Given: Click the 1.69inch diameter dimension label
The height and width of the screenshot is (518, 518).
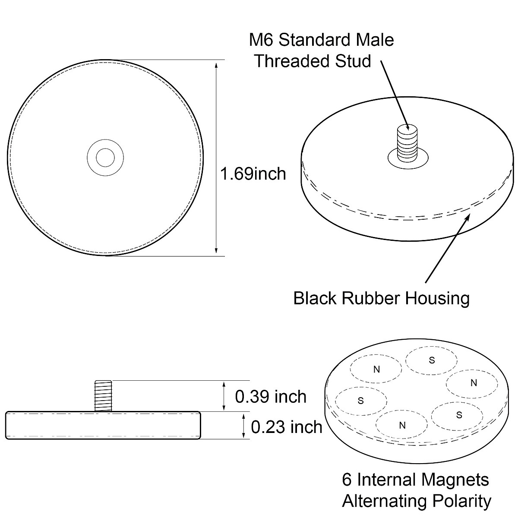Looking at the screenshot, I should point(253,174).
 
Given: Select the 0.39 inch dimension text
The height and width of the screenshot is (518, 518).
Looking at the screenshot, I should point(271,396).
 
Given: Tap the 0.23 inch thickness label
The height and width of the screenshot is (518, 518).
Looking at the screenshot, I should point(287,427).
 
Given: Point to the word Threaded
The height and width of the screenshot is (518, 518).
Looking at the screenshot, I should point(292,61).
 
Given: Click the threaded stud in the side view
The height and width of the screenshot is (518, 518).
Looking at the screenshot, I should point(103,395).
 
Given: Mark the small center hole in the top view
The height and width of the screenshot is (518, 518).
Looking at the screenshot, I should point(105,158).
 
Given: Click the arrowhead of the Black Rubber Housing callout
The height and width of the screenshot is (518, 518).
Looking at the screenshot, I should point(468,213).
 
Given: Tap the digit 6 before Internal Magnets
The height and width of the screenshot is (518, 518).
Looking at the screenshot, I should point(346,480).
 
